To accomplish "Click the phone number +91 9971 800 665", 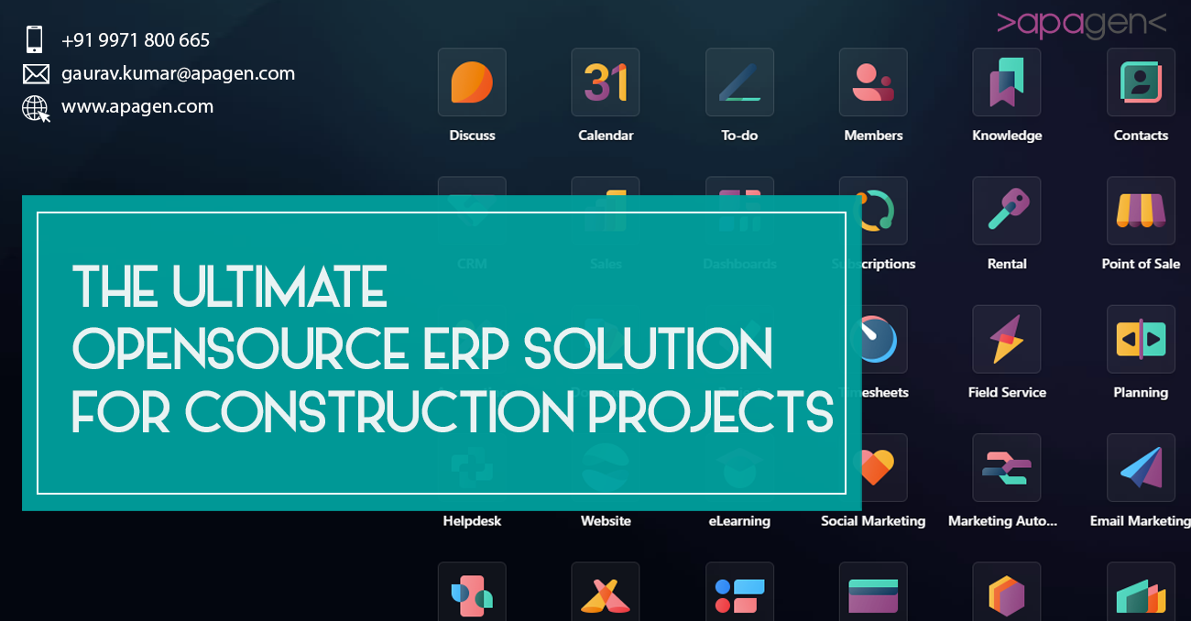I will click(x=136, y=40).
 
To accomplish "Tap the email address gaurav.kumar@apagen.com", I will click(x=178, y=73).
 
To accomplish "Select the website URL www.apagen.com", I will click(x=137, y=106).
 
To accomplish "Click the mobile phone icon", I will click(x=35, y=39).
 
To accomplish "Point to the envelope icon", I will click(x=36, y=74).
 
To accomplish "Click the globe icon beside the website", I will click(x=36, y=109).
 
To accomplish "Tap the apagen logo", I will click(x=1081, y=24).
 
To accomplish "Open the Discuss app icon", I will click(x=472, y=82).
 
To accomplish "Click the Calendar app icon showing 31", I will click(x=606, y=82).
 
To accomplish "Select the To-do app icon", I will click(x=739, y=82).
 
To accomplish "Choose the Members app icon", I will click(x=873, y=82).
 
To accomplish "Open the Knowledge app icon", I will click(x=1007, y=82).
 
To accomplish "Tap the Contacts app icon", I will click(x=1141, y=82).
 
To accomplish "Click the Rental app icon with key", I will click(x=1007, y=211).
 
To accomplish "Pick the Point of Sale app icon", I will click(x=1141, y=211).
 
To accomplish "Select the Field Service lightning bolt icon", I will click(x=1007, y=339).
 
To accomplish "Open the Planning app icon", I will click(x=1141, y=339).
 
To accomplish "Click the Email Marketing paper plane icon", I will click(x=1141, y=467).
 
